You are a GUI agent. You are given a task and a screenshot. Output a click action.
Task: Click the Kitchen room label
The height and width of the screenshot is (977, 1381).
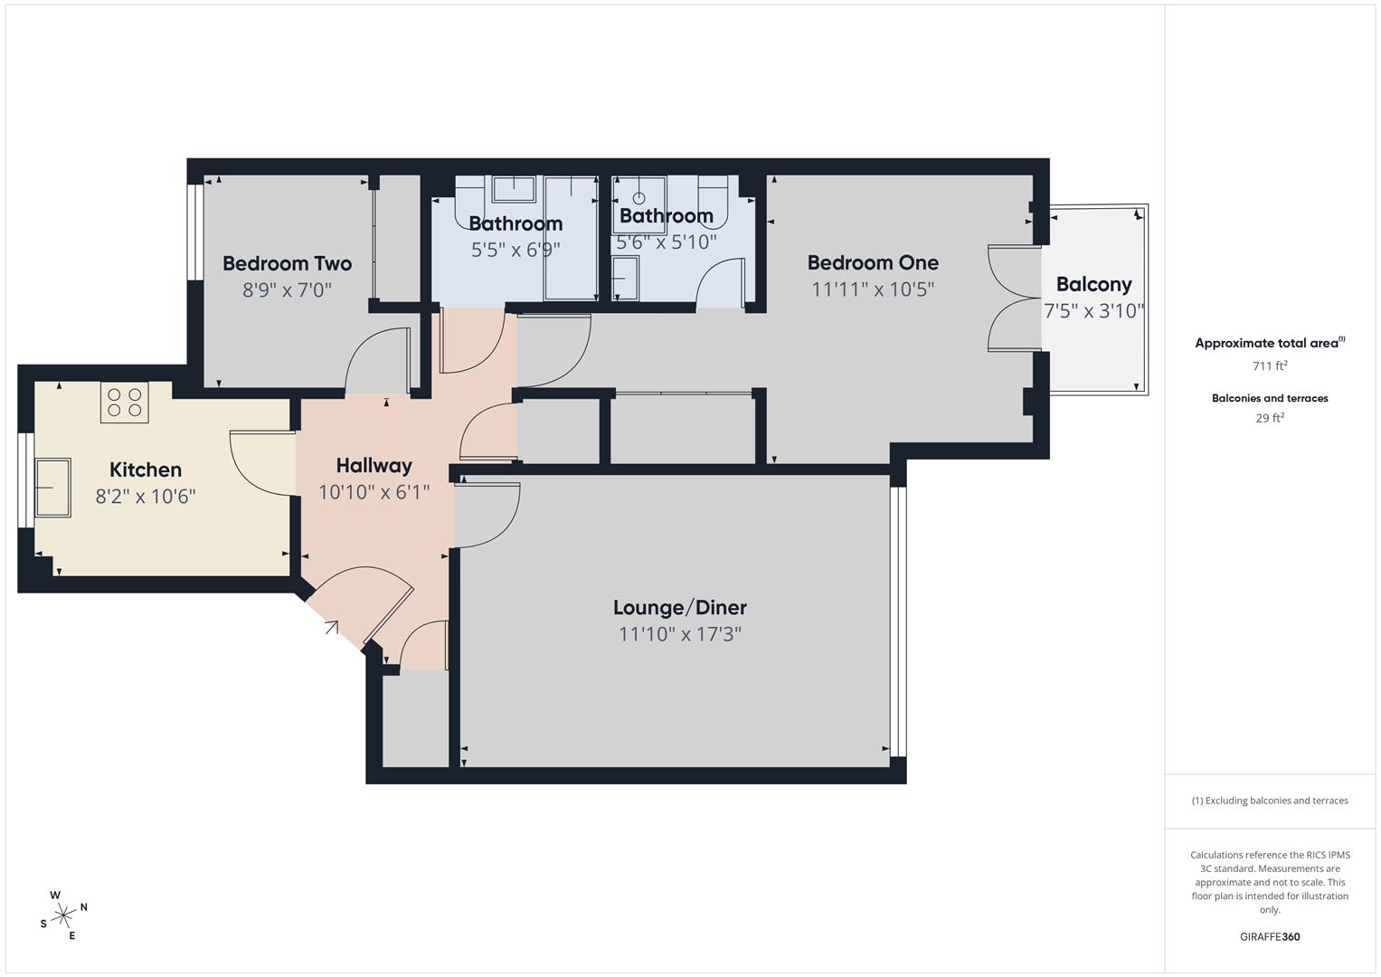(x=146, y=470)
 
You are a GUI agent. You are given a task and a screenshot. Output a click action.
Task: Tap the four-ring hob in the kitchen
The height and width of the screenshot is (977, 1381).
(x=125, y=402)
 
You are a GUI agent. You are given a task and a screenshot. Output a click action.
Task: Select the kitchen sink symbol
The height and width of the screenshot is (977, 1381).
(x=52, y=488)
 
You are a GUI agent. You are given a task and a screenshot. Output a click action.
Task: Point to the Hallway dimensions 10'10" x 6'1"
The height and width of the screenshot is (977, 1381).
(x=374, y=492)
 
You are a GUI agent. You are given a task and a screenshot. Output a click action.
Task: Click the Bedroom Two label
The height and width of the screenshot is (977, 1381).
(x=287, y=263)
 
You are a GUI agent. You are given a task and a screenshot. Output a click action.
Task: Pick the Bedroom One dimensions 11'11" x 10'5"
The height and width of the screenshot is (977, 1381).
(x=873, y=289)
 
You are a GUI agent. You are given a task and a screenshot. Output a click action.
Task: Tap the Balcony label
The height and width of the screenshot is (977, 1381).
(x=1093, y=284)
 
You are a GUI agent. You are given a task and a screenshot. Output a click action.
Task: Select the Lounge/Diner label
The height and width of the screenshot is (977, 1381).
(x=679, y=607)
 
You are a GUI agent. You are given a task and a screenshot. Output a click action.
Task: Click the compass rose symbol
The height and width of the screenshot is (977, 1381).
(x=63, y=915)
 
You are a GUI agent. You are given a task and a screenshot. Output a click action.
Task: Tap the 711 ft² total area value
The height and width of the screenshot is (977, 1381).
(x=1269, y=365)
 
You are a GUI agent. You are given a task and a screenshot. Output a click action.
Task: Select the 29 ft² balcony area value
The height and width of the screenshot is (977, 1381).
(x=1269, y=418)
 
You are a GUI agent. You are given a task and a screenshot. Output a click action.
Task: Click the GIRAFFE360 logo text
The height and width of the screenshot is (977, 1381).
(x=1269, y=936)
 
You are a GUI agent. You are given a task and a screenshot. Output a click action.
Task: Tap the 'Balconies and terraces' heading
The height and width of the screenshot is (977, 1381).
(x=1269, y=398)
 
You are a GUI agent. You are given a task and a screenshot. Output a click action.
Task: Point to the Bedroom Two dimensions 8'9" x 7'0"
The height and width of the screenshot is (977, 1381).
(x=287, y=290)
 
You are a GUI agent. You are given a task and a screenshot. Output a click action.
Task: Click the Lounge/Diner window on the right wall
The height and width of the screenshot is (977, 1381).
(x=897, y=621)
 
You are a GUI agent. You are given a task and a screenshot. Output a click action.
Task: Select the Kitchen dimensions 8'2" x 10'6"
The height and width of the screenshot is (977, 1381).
(x=146, y=497)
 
